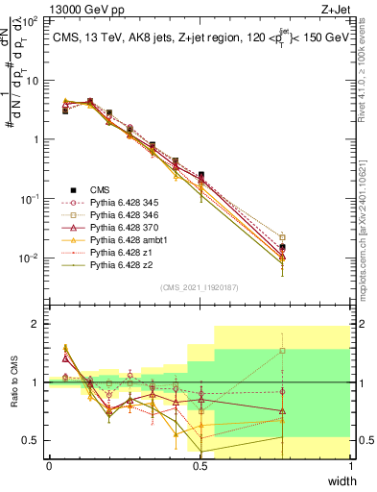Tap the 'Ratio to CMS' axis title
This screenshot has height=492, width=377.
click(x=13, y=382)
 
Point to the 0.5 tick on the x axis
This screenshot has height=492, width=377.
click(x=200, y=466)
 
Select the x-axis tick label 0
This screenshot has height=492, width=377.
click(x=49, y=466)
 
